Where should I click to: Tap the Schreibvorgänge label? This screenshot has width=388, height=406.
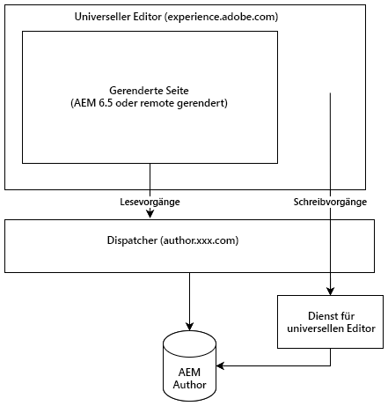(x=330, y=202)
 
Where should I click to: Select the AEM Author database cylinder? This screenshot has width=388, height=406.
(x=190, y=365)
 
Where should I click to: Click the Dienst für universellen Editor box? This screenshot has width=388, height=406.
(x=331, y=322)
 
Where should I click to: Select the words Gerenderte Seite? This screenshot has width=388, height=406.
(x=149, y=90)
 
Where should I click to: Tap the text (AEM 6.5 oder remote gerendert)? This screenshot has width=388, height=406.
(x=149, y=103)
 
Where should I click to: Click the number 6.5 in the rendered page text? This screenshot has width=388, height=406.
(x=107, y=103)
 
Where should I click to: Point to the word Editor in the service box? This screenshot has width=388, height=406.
(x=360, y=329)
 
